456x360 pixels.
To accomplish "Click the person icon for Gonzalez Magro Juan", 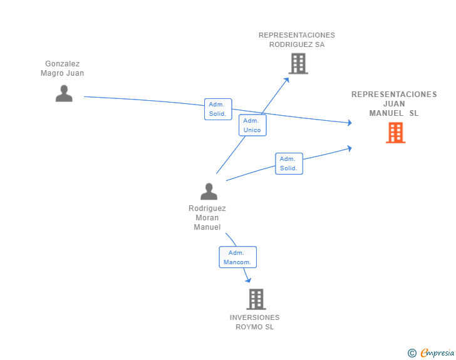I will pos(64,93).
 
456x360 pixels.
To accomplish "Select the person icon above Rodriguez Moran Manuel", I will pos(209,191).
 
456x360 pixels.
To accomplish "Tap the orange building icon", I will pos(395,133).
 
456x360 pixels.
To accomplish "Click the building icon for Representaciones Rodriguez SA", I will pos(298,63).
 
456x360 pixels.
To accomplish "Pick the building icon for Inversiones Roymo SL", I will pos(256,299).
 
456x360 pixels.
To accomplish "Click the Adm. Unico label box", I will pos(252,125).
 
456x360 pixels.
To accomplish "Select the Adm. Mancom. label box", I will pos(237,257).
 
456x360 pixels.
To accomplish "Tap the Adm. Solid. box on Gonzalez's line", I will pos(217,109).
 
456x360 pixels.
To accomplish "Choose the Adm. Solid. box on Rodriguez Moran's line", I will pos(289,163).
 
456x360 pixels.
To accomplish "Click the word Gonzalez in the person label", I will pos(63,64).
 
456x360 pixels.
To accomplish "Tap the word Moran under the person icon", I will pos(207,218).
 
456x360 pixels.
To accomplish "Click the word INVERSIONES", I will pos(255,317).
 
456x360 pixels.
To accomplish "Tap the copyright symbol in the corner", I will pos(412,353).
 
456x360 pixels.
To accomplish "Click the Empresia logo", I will pos(437,353).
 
